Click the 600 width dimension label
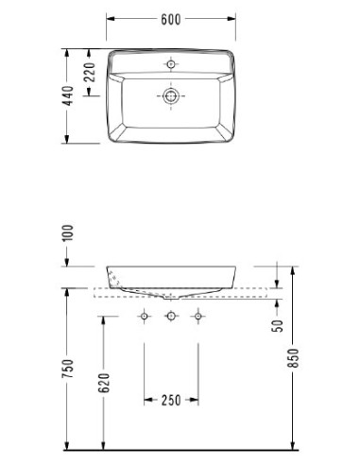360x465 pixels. [171, 20]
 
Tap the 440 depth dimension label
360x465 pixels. [69, 95]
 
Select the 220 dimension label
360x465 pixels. [90, 73]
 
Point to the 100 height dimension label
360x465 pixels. [68, 232]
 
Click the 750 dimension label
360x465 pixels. [67, 369]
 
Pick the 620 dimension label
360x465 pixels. [104, 383]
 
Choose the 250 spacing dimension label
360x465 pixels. [171, 401]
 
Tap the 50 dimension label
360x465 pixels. [278, 326]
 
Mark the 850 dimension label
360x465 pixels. [293, 358]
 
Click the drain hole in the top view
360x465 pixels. [171, 95]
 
